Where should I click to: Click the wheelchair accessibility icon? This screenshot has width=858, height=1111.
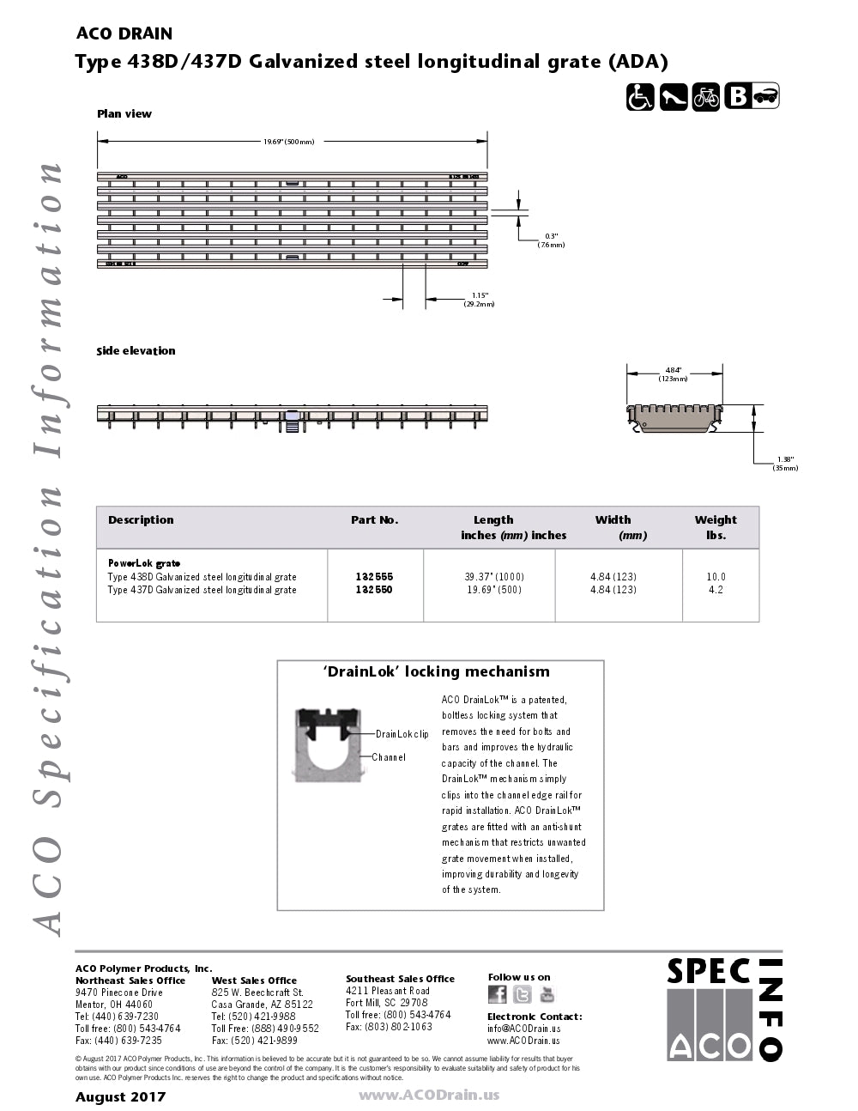pos(640,97)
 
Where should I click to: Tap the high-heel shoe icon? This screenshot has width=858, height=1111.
pos(674,97)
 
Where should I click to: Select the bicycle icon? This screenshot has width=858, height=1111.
pos(706,97)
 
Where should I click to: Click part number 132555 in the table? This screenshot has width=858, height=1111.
pos(374,577)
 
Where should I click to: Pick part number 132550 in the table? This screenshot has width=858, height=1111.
pos(374,590)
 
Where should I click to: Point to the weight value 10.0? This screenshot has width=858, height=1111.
pos(716,577)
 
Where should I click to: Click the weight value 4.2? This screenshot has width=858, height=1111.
pos(716,590)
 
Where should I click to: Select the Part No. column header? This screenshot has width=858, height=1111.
pos(374,520)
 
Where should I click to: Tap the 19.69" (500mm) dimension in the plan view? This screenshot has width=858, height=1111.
pos(288,142)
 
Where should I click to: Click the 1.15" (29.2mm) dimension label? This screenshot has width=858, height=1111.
pos(480,300)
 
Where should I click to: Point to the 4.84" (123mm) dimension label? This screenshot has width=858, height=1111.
pos(674,374)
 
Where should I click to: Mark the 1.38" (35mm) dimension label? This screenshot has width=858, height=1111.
pos(785,464)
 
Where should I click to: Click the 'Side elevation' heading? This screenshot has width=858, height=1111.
pos(136,351)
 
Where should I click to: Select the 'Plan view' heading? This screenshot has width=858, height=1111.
pos(124,114)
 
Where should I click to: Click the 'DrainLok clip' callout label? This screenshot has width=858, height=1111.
pos(402,734)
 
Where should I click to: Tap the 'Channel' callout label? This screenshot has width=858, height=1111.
pos(389,757)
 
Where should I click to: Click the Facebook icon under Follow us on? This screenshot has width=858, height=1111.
pos(498,994)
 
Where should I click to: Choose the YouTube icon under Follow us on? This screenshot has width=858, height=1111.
pos(547,994)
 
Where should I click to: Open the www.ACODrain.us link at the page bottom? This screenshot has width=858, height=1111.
pos(428,1096)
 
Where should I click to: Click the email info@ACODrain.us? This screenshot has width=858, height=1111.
pos(523,1029)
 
